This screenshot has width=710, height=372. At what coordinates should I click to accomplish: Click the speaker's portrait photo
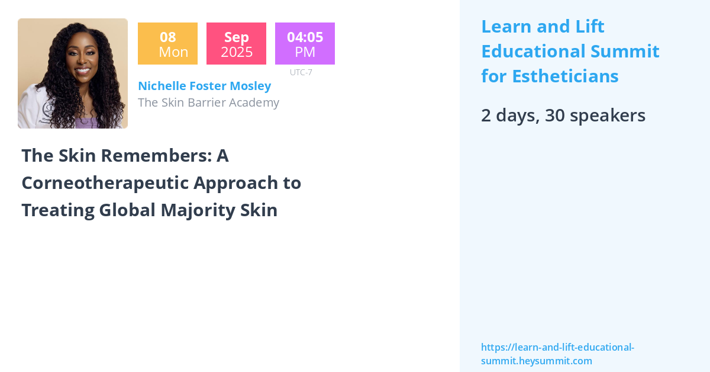click(73, 73)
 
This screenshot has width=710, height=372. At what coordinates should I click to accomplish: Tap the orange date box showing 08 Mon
click(167, 44)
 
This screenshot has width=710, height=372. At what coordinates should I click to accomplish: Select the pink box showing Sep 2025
click(236, 44)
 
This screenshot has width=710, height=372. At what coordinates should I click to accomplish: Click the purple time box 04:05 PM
click(305, 44)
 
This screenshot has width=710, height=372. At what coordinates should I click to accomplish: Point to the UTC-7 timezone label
click(301, 72)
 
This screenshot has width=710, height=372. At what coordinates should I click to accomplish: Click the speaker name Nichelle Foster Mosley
click(204, 86)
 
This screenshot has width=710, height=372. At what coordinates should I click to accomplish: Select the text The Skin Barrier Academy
click(208, 102)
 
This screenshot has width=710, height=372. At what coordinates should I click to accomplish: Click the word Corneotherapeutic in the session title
click(104, 183)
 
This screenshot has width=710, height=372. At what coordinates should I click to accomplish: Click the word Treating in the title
click(57, 210)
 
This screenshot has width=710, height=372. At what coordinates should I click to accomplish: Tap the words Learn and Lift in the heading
click(543, 27)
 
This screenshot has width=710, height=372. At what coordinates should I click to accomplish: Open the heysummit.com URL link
click(557, 354)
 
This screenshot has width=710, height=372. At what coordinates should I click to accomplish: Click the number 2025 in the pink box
click(236, 52)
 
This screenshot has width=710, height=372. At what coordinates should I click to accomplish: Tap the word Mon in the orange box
click(173, 52)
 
